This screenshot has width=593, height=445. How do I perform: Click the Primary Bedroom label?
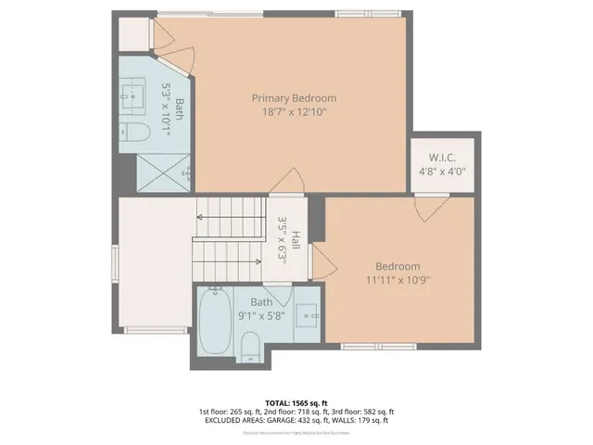[x=295, y=97]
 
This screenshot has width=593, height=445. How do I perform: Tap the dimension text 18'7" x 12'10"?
[x=295, y=112]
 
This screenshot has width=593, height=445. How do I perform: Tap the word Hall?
[x=295, y=241]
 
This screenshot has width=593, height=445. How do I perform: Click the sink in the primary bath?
[x=130, y=93]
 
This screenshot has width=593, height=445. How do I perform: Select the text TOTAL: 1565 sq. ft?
[x=296, y=402]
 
